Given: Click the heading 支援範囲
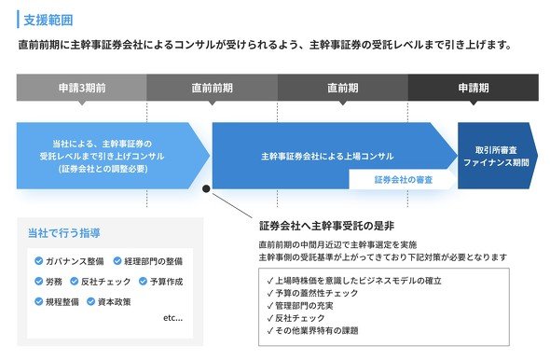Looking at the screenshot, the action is (x=48, y=20).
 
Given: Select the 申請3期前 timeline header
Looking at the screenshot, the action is (x=82, y=88).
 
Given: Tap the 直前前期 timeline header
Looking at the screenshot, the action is (x=213, y=88).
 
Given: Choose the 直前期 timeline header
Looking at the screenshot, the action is (x=343, y=88).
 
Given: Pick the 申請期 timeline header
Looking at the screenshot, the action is (x=474, y=88).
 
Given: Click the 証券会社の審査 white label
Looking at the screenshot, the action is (x=404, y=180).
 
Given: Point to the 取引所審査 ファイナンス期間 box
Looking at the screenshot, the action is (x=498, y=156).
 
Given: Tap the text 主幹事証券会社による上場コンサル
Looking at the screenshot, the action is (x=327, y=156).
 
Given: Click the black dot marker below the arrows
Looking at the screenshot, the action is (x=206, y=188).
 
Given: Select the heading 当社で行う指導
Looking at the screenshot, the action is (x=63, y=233).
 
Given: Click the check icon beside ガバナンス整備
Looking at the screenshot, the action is (x=38, y=261).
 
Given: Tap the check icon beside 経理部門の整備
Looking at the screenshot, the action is (x=117, y=261).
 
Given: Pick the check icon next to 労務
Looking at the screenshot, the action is (x=38, y=281).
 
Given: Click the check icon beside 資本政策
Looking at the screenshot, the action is (x=90, y=301).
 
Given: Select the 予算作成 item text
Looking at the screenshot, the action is (x=166, y=282).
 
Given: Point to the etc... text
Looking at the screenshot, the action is (x=173, y=318).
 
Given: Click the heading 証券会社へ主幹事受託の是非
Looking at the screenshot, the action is (x=326, y=226).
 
